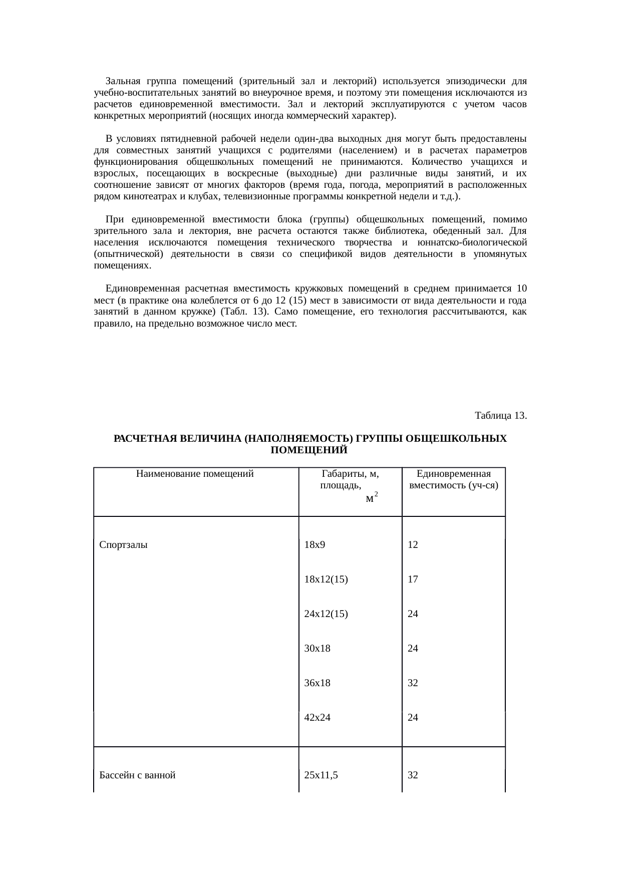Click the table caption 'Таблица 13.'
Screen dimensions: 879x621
pyautogui.click(x=500, y=416)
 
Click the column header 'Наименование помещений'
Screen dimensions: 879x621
pyautogui.click(x=195, y=473)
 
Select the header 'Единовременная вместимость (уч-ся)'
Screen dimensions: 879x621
pyautogui.click(x=453, y=479)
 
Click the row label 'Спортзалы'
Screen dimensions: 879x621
pyautogui.click(x=123, y=545)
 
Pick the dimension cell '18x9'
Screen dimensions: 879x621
pyautogui.click(x=315, y=545)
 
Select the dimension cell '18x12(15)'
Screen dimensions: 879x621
pyautogui.click(x=326, y=579)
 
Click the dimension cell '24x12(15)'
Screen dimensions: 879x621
pyautogui.click(x=326, y=614)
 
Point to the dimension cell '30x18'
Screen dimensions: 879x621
pyautogui.click(x=317, y=649)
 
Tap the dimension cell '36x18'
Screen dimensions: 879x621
pyautogui.click(x=317, y=683)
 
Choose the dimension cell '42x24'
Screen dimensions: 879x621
pyautogui.click(x=317, y=718)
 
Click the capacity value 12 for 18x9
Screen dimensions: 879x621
pyautogui.click(x=413, y=545)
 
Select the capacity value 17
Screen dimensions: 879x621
pyautogui.click(x=413, y=579)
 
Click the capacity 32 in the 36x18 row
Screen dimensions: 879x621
pyautogui.click(x=413, y=683)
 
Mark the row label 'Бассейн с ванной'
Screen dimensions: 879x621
pyautogui.click(x=137, y=776)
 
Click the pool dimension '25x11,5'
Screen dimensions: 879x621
pyautogui.click(x=321, y=776)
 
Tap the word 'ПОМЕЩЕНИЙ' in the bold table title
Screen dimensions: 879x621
pyautogui.click(x=308, y=450)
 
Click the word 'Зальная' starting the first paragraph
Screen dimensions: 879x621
pyautogui.click(x=123, y=81)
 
